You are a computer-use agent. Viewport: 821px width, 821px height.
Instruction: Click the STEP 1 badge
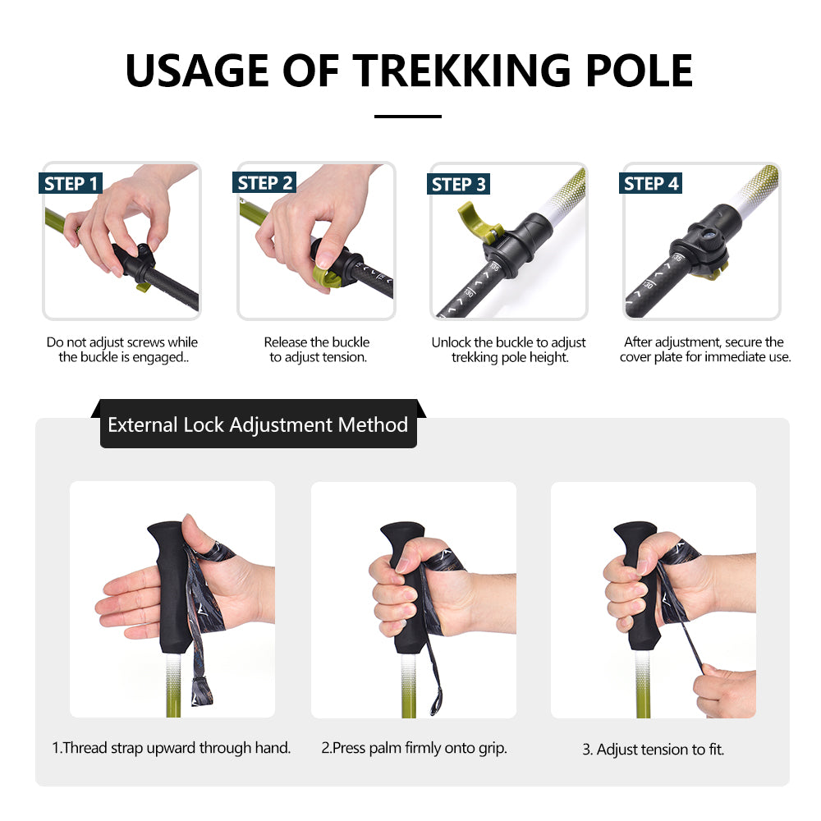tap(71, 183)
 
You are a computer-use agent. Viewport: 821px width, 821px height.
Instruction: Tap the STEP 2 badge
tap(264, 183)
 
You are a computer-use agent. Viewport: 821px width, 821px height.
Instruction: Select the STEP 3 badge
tap(459, 184)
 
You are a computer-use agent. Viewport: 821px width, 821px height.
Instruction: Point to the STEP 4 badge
tap(651, 183)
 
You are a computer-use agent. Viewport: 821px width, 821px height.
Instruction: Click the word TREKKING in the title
tap(458, 71)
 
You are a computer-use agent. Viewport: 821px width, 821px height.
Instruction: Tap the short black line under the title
tap(408, 117)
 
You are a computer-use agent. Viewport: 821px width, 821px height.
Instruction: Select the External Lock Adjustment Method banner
tap(258, 425)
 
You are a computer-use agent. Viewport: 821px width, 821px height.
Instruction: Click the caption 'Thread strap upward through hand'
tap(172, 748)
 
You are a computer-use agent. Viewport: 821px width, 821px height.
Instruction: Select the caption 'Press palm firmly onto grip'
tap(414, 748)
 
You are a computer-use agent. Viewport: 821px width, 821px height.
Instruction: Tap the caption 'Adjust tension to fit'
tap(654, 749)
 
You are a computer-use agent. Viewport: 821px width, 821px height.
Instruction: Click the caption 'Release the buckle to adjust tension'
tap(317, 350)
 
